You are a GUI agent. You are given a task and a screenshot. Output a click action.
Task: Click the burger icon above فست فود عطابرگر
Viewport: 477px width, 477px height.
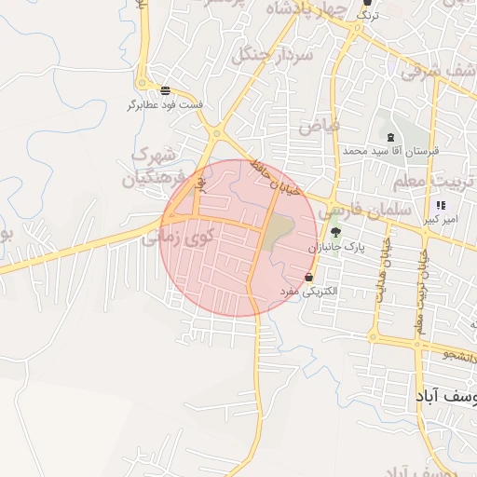click(165, 90)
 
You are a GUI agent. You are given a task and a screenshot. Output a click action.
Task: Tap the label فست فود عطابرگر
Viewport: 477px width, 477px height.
click(165, 104)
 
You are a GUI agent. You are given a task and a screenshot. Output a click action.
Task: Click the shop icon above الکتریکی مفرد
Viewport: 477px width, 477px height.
click(309, 277)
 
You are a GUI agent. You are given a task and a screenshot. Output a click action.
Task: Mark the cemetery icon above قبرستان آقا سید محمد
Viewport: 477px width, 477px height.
click(389, 136)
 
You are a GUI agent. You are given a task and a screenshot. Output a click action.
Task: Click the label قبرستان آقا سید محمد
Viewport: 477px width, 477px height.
click(389, 150)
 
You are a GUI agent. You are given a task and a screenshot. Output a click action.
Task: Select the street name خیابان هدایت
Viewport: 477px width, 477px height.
click(379, 271)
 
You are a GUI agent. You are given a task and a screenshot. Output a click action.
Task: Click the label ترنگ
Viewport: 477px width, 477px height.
click(370, 15)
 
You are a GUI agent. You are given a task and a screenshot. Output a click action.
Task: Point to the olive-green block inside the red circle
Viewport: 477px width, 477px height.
click(277, 233)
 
